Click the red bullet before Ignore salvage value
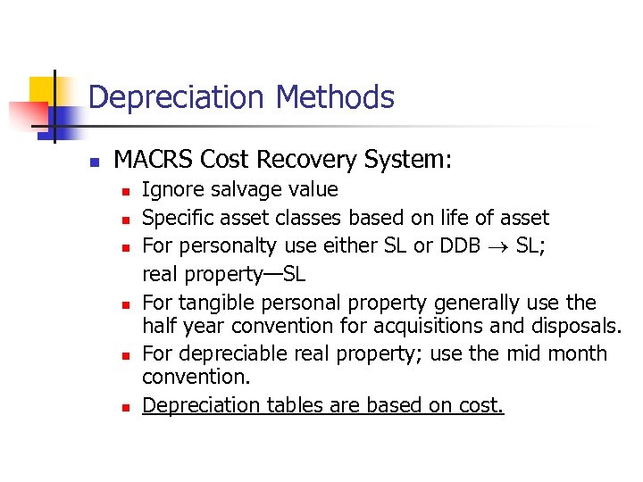click(x=127, y=191)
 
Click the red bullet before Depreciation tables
click(x=127, y=408)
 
